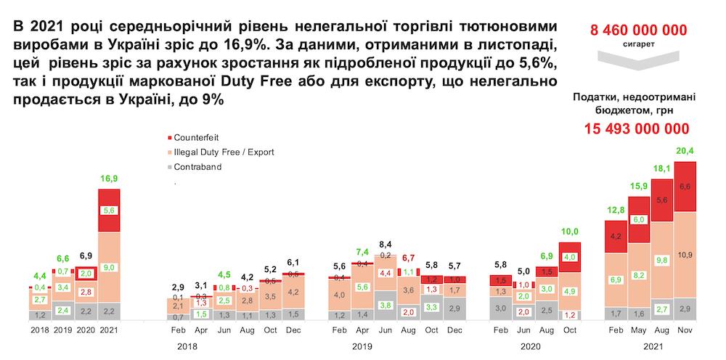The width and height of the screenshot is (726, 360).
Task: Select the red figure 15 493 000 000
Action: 637,128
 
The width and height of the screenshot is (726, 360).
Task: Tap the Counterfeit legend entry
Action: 195,137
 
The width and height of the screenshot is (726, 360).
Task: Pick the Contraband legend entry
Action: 197,166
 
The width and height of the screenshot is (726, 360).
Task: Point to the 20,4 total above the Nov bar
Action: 685,151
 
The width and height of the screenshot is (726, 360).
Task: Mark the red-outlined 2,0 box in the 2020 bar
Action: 86,273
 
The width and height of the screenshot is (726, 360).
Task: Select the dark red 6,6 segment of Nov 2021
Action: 685,187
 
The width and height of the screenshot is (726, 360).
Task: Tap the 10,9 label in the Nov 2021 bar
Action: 685,255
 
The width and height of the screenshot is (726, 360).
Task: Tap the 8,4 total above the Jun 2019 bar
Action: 385,244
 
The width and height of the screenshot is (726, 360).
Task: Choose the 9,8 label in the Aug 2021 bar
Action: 662,259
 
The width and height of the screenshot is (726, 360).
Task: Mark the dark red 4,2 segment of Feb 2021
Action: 616,236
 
